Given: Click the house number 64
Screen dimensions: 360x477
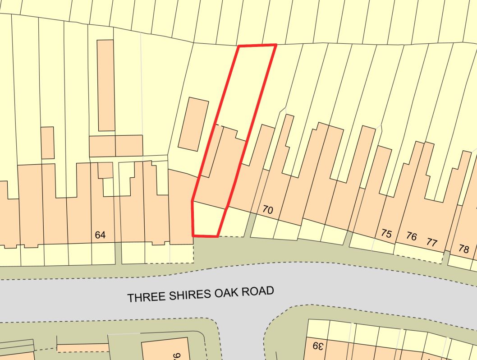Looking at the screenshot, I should [x=100, y=235].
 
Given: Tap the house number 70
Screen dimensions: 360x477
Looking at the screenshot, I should [x=268, y=210].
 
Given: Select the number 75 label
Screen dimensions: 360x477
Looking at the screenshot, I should [x=386, y=234].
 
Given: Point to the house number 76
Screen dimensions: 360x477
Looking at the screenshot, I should [x=411, y=236].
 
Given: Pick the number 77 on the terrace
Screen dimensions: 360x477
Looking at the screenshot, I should [x=431, y=243].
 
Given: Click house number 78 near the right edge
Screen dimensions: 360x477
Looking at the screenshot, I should [x=463, y=249].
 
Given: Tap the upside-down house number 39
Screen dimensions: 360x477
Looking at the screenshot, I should [x=318, y=346].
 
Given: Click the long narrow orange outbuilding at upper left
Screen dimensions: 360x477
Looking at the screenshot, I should [x=106, y=85].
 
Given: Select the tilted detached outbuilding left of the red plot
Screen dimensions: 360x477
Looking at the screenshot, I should [x=193, y=124].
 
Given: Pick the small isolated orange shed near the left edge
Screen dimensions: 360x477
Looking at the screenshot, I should [x=47, y=143].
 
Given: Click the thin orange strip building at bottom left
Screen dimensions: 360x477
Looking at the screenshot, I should [x=83, y=348].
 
